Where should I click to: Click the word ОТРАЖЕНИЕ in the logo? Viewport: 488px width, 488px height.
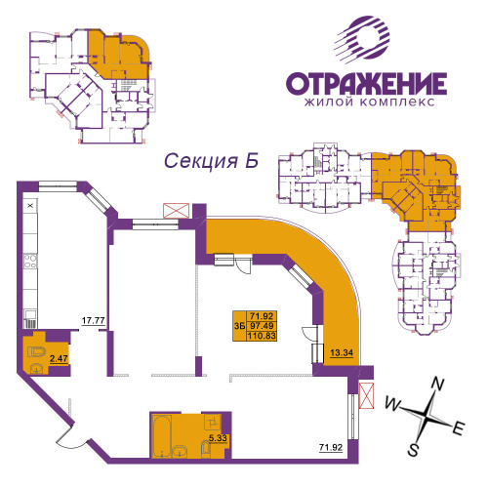point(366,84)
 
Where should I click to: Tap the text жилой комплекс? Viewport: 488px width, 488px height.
point(369,102)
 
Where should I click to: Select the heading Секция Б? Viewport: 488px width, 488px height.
point(212,161)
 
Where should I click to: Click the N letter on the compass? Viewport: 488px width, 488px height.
point(438,384)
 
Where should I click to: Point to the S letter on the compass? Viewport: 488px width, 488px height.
point(413,451)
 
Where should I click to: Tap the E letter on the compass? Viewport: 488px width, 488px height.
point(459,428)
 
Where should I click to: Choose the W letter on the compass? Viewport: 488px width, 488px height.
point(393,404)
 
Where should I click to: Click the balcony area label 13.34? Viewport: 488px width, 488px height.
point(342,352)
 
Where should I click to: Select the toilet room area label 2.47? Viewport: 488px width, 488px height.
point(59,359)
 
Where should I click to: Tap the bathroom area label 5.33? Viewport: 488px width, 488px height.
point(218,438)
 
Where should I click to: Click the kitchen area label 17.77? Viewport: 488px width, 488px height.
point(93,320)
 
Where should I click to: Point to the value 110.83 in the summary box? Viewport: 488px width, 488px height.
point(262,336)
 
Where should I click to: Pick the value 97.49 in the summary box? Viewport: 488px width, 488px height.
point(262,326)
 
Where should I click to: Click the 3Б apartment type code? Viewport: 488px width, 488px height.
point(240,326)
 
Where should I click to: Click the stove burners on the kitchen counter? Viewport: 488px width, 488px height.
point(30,261)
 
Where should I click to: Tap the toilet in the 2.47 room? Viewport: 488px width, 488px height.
point(37,352)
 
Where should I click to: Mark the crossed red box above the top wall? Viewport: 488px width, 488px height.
point(176,211)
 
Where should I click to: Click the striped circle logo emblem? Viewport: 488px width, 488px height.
point(363,39)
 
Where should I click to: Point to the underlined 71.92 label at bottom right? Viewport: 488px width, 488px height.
point(331,448)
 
